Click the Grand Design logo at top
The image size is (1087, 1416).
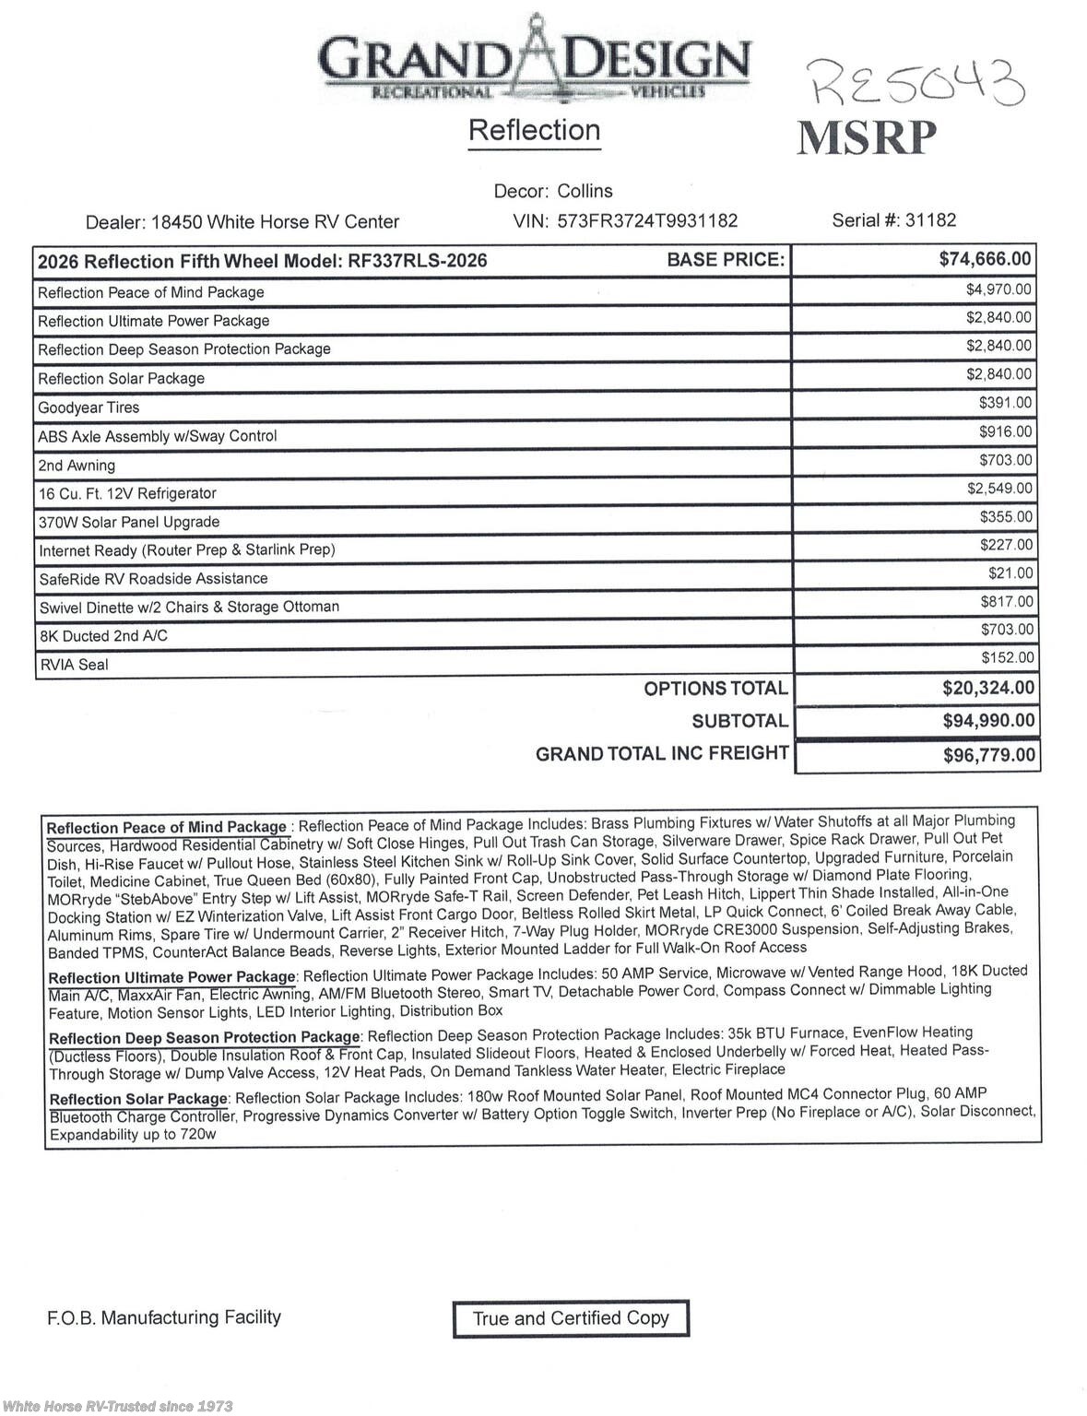(534, 60)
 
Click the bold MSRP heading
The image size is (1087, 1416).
(866, 138)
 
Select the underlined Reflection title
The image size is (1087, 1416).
(534, 131)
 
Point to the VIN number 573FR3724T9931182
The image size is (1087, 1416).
(647, 221)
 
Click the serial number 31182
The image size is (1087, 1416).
(930, 220)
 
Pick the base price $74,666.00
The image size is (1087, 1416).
(985, 259)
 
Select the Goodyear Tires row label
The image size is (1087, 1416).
(89, 407)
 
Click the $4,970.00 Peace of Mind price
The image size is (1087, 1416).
(998, 289)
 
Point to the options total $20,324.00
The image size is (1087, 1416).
(987, 688)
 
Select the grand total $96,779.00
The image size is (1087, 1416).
(988, 756)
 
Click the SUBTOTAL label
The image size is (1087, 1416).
(739, 721)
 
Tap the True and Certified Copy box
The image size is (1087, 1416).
(571, 1318)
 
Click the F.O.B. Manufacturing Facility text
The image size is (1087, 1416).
(164, 1317)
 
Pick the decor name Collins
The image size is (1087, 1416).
(585, 191)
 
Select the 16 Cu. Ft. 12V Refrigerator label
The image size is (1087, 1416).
(127, 493)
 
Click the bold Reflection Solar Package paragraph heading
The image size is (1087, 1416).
(138, 1099)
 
